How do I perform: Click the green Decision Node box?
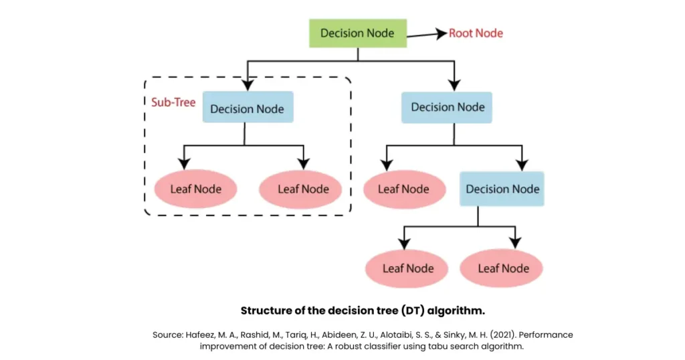pyautogui.click(x=357, y=33)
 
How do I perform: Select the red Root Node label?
pyautogui.click(x=476, y=33)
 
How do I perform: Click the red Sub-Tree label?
pyautogui.click(x=173, y=103)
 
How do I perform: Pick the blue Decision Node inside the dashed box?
pyautogui.click(x=247, y=109)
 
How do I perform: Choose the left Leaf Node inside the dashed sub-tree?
pyautogui.click(x=195, y=189)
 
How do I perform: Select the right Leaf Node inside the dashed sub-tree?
pyautogui.click(x=303, y=189)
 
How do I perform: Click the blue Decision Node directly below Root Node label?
pyautogui.click(x=447, y=107)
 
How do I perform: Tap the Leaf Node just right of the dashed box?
pyautogui.click(x=403, y=189)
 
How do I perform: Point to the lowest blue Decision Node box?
pyautogui.click(x=502, y=189)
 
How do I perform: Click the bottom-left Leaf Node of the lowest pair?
pyautogui.click(x=408, y=268)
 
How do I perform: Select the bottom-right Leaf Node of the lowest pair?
pyautogui.click(x=503, y=268)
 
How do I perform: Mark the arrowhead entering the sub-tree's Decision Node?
pyautogui.click(x=248, y=85)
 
